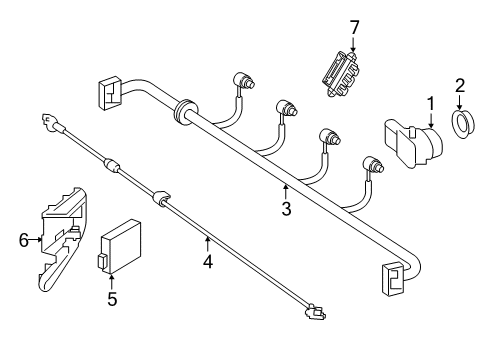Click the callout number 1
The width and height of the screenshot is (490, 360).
[431, 104]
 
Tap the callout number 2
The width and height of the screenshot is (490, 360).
[460, 86]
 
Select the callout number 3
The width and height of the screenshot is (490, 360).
[286, 209]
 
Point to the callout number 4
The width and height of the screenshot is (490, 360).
[207, 262]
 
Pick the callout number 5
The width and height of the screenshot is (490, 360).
[112, 299]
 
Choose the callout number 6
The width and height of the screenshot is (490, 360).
[24, 240]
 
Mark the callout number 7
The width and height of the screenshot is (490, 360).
[354, 28]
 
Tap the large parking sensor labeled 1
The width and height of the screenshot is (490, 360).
[413, 144]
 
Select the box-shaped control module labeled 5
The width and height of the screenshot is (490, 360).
[120, 247]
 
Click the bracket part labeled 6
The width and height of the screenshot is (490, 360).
[64, 239]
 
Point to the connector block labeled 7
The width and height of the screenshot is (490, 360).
[342, 73]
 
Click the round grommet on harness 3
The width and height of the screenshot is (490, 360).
[185, 111]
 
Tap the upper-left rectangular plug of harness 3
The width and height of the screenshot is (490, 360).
[109, 93]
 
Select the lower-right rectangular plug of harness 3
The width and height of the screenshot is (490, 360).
[393, 279]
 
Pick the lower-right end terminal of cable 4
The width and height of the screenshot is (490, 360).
[315, 312]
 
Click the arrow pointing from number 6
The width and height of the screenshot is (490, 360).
[36, 239]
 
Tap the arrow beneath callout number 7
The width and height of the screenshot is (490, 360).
[353, 45]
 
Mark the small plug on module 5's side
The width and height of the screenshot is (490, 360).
[101, 261]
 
